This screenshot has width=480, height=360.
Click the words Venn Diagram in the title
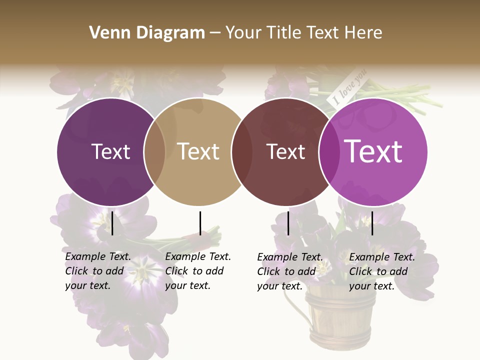(147, 33)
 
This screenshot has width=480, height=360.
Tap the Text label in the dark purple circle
(110, 151)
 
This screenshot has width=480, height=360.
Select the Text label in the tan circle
(198, 151)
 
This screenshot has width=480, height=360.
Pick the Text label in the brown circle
(286, 151)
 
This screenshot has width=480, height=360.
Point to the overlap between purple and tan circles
(154, 151)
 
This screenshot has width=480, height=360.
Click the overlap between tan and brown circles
(242, 151)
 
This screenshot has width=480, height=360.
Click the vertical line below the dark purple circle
(112, 223)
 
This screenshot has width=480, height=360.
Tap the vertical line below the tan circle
(200, 223)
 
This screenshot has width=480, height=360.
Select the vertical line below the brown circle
(288, 223)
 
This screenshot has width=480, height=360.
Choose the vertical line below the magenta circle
(372, 223)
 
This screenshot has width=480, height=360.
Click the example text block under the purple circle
(98, 271)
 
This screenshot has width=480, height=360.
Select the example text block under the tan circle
(198, 271)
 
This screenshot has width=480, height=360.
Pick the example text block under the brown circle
(290, 271)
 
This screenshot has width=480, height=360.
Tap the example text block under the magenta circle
(382, 271)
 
